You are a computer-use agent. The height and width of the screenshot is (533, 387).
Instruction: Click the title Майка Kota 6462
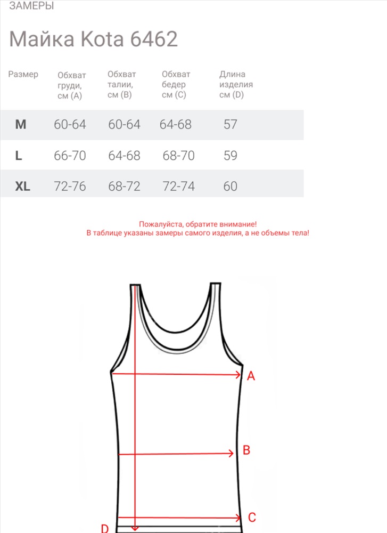pyautogui.click(x=94, y=39)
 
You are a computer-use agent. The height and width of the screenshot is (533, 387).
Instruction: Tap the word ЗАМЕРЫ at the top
pyautogui.click(x=31, y=6)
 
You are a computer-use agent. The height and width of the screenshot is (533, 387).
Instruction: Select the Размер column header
pyautogui.click(x=23, y=75)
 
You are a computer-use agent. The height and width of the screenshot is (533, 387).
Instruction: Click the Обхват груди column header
pyautogui.click(x=71, y=85)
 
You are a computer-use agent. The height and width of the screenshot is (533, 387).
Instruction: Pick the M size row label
pyautogui.click(x=21, y=125)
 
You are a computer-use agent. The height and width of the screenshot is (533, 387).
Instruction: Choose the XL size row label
pyautogui.click(x=23, y=187)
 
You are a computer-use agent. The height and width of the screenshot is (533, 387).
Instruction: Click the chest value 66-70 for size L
pyautogui.click(x=70, y=156)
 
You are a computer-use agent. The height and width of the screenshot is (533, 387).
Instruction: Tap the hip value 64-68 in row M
pyautogui.click(x=175, y=125)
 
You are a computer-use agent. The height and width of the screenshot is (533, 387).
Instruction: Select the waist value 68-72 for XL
pyautogui.click(x=124, y=187)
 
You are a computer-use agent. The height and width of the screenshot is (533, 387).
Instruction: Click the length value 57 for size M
pyautogui.click(x=230, y=125)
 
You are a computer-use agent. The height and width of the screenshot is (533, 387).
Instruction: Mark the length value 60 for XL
pyautogui.click(x=230, y=187)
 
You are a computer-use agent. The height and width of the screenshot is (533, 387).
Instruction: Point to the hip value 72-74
pyautogui.click(x=178, y=187)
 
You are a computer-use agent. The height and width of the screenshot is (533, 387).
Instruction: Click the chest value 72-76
pyautogui.click(x=70, y=187)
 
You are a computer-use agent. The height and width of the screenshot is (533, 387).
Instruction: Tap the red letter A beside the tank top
pyautogui.click(x=251, y=376)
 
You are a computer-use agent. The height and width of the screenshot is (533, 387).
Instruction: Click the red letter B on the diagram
pyautogui.click(x=246, y=450)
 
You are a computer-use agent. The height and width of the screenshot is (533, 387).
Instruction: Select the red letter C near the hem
pyautogui.click(x=252, y=517)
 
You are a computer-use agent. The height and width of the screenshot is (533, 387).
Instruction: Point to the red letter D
pyautogui.click(x=105, y=528)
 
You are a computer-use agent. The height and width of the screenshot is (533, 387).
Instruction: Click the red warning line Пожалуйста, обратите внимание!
pyautogui.click(x=197, y=225)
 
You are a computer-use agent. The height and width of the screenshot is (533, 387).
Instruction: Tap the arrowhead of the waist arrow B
pyautogui.click(x=231, y=454)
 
